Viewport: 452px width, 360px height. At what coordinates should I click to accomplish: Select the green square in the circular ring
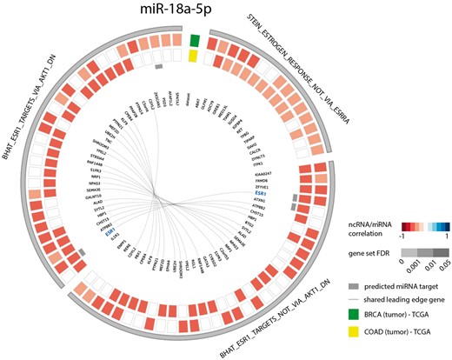(194, 40)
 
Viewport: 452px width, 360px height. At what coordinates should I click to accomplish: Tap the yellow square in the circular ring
(194, 56)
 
